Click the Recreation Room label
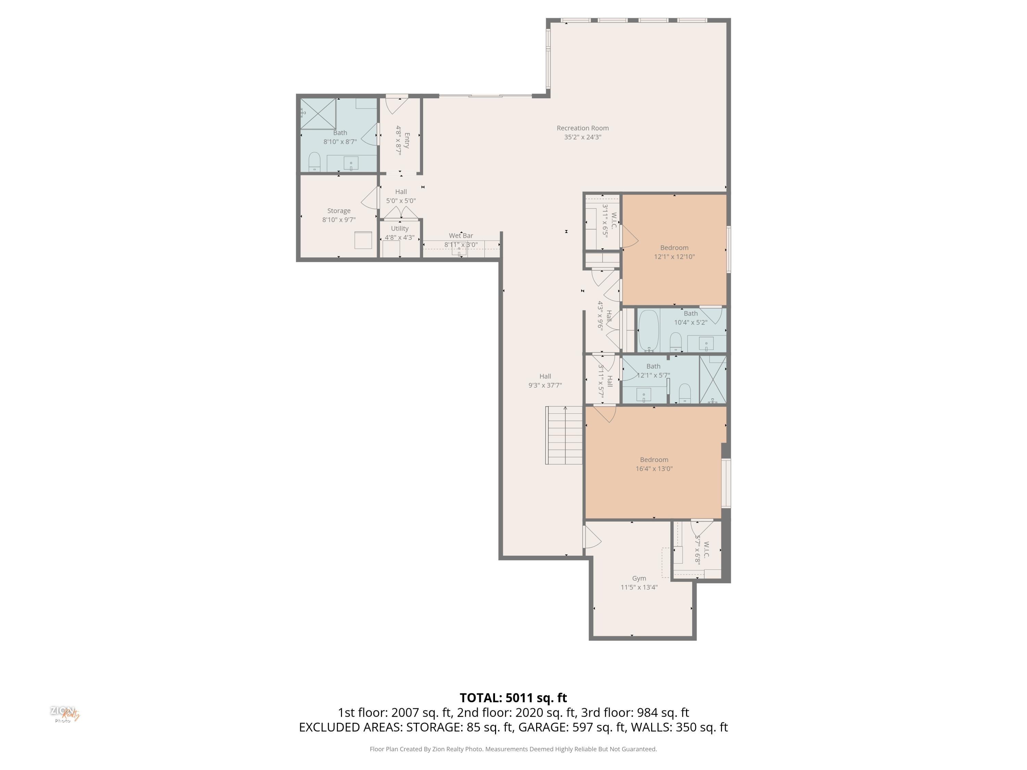[583, 128]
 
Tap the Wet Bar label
[461, 236]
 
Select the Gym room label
[639, 579]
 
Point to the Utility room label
[400, 228]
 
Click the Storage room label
[339, 211]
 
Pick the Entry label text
[407, 140]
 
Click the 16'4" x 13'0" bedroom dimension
[654, 469]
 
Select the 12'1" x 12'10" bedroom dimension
[674, 257]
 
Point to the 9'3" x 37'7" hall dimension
[545, 385]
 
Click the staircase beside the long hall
[563, 435]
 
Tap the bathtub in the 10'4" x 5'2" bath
[649, 331]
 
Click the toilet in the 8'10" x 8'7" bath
[315, 162]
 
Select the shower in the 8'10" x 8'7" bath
[318, 114]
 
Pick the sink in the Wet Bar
[459, 250]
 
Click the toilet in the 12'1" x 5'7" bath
[685, 394]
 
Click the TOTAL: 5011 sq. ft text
[513, 697]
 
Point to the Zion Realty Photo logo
[65, 714]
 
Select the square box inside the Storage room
[363, 240]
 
